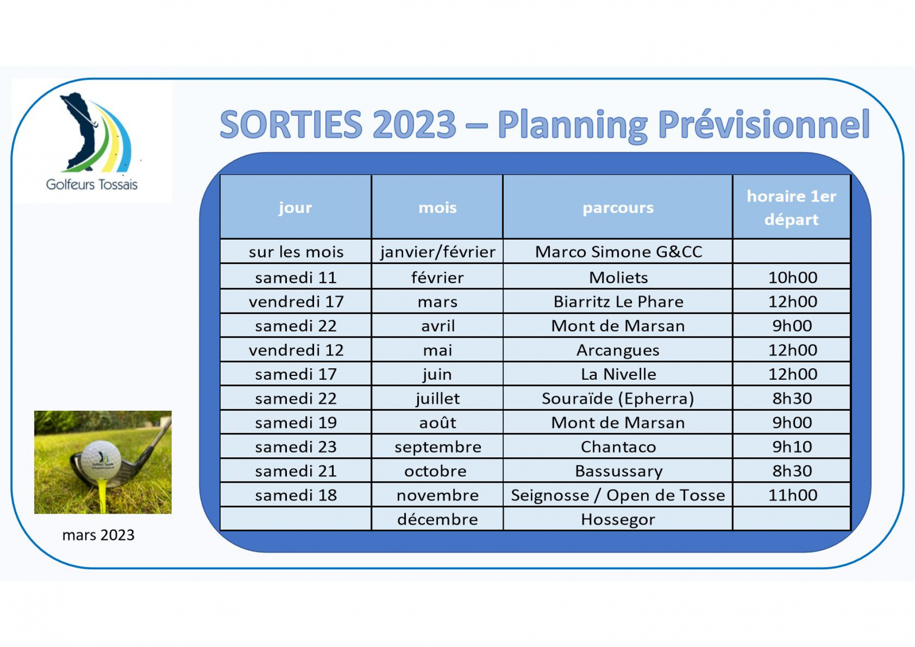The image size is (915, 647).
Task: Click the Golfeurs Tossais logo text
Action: click(91, 184)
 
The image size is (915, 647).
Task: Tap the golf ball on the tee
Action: click(101, 458)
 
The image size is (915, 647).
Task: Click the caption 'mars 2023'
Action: click(99, 535)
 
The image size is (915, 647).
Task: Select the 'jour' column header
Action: click(295, 207)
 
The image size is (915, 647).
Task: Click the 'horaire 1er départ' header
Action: click(792, 208)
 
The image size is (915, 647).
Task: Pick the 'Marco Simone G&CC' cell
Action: click(619, 252)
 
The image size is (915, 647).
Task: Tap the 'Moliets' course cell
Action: click(619, 277)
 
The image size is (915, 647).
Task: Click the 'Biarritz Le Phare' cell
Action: click(619, 302)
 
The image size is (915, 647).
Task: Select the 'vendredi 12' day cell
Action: click(296, 350)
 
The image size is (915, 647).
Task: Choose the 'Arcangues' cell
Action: click(618, 351)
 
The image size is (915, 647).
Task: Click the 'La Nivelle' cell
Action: click(619, 374)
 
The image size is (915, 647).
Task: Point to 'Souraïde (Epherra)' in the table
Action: click(618, 399)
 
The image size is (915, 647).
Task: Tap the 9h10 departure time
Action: click(792, 447)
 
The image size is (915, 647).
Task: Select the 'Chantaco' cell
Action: click(619, 447)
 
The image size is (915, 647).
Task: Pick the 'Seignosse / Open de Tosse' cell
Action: click(618, 495)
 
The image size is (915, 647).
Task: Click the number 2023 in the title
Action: click(414, 124)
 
